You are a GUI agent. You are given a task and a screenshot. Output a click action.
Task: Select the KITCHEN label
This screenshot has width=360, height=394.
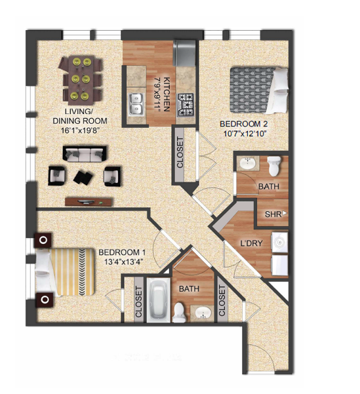pyautogui.click(x=167, y=94)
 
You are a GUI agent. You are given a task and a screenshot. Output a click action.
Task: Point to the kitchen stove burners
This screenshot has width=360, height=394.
pyautogui.click(x=187, y=104)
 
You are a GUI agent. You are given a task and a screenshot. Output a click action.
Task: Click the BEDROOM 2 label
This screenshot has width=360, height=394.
pyautogui.click(x=242, y=123)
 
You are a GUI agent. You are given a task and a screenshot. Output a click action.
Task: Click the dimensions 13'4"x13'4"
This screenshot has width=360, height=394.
pyautogui.click(x=121, y=262)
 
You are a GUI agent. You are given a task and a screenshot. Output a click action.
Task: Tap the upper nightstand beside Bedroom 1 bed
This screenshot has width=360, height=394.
pyautogui.click(x=44, y=240)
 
